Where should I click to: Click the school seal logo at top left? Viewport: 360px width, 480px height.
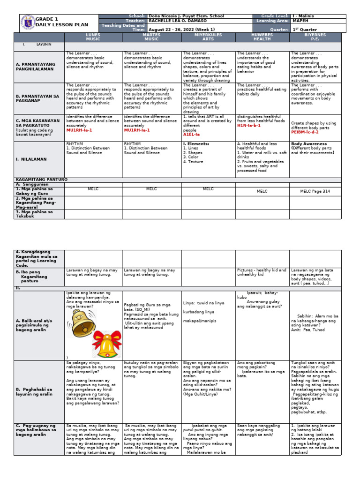[28, 23]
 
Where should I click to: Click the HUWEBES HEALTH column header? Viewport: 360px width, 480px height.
[262, 37]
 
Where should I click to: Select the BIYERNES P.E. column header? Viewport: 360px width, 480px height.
[315, 37]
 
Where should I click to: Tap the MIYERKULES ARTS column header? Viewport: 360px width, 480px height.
[208, 37]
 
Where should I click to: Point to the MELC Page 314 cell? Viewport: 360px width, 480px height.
[315, 191]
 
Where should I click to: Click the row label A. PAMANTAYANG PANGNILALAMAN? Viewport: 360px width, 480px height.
[36, 66]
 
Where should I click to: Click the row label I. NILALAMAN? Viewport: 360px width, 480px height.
[33, 159]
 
